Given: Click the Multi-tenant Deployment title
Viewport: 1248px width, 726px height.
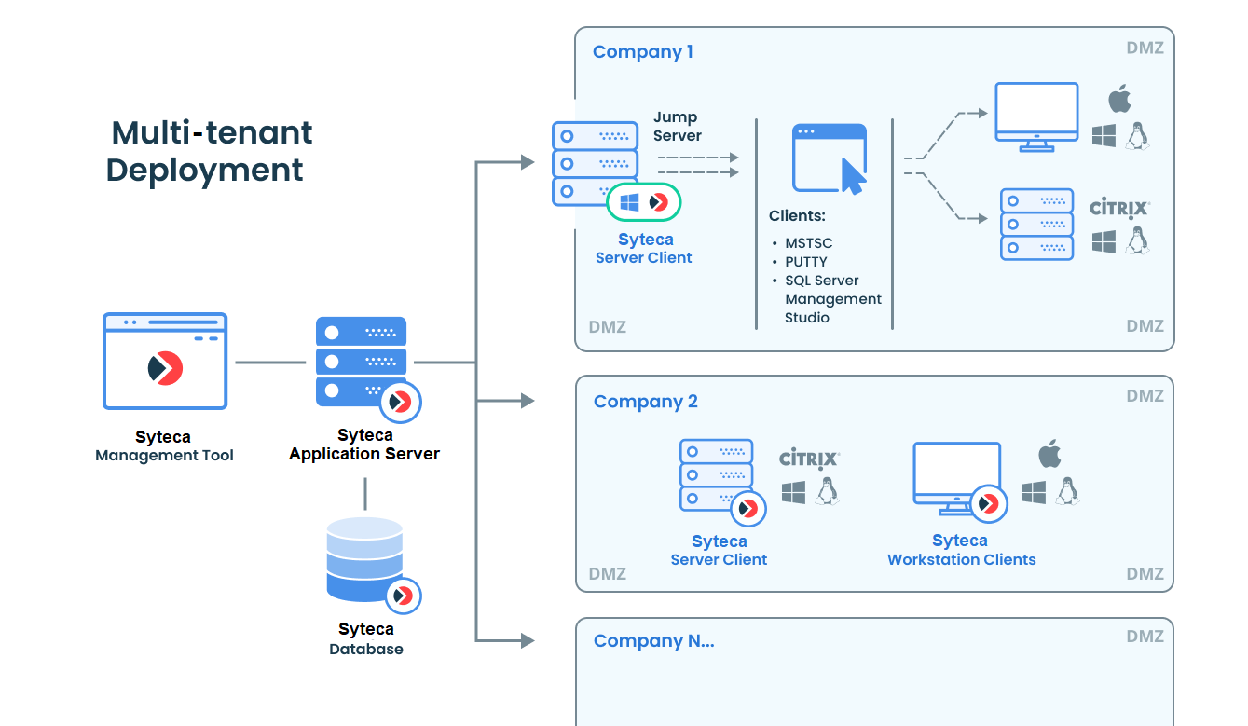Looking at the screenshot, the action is point(210,151).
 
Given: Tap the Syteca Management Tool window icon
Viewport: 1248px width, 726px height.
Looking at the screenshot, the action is point(165,361).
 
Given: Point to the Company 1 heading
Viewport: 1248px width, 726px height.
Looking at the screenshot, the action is point(643,52).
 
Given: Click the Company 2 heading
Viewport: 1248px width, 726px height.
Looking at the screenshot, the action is point(645,401).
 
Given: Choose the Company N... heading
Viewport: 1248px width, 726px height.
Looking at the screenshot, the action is point(653,641).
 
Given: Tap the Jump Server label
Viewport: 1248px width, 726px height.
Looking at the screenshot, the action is point(677,126).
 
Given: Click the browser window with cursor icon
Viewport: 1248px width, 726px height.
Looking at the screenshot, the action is point(830,158).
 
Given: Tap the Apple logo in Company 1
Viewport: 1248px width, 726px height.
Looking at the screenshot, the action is point(1119,99).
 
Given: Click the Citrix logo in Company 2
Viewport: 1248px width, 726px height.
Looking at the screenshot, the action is point(809,458).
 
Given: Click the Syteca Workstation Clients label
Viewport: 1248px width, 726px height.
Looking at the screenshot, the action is point(961,550).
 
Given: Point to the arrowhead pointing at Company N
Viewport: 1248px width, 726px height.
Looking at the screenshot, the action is point(527,641).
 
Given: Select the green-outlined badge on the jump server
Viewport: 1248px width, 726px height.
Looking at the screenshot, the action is point(643,202).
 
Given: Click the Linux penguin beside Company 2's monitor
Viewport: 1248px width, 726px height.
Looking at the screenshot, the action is point(1067,491).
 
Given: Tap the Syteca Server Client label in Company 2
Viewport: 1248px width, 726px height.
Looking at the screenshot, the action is point(719,550).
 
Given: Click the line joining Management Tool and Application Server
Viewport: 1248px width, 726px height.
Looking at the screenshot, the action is point(271,363).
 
